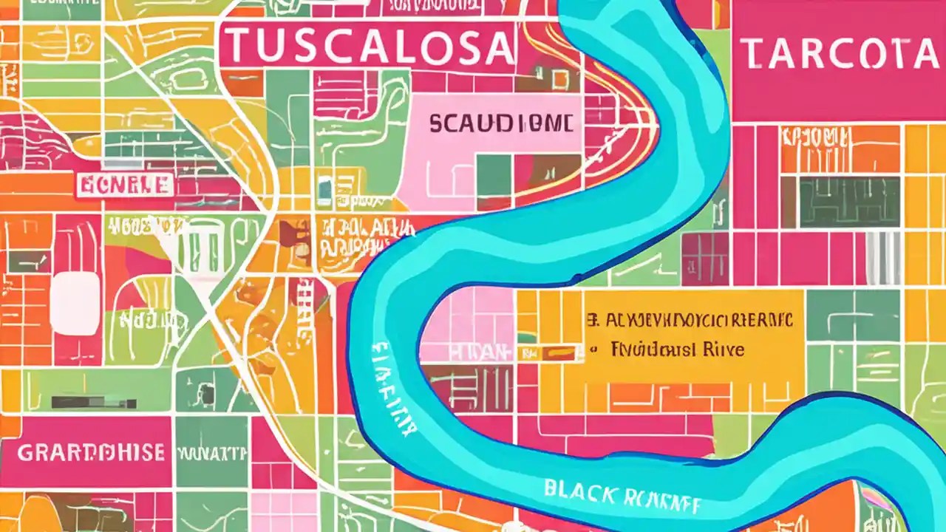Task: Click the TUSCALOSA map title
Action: (367, 46)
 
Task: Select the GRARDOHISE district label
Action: (90, 451)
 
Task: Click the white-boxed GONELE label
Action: (125, 185)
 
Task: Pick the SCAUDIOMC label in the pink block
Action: (500, 124)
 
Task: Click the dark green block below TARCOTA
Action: (850, 201)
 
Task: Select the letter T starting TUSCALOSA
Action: (234, 46)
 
